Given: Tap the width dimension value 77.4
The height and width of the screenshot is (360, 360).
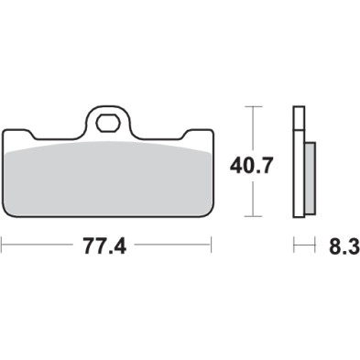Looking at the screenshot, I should tap(105, 245).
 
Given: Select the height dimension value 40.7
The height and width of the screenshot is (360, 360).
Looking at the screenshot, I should tap(247, 167).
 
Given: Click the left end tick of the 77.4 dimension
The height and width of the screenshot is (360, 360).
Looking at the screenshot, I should tap(3, 245).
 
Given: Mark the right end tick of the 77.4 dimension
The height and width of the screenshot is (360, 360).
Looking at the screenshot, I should tap(212, 245).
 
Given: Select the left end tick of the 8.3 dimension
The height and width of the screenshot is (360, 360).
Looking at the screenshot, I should tap(293, 245).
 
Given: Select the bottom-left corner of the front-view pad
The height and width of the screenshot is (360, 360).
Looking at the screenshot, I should tap(7, 216).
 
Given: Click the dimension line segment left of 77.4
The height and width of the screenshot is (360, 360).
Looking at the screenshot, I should tap(41, 245).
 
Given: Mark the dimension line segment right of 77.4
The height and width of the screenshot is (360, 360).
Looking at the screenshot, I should tap(174, 245).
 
